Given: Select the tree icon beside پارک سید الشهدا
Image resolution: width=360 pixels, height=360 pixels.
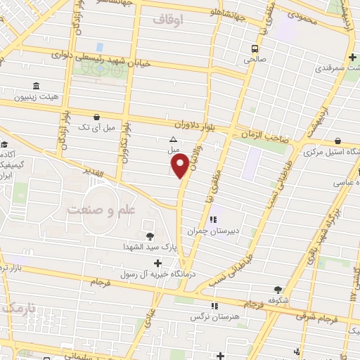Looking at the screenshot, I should (149, 236).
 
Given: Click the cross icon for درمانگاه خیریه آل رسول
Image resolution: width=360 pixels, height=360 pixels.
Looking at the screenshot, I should (157, 263).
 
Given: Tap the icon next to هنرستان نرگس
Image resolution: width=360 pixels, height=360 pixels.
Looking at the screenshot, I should (214, 306).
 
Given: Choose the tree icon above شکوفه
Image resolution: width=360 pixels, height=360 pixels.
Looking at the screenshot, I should (279, 289).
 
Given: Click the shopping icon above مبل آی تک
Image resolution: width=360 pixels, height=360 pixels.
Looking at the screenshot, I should (96, 117).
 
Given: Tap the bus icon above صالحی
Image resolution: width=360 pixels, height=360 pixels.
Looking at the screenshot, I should (255, 49).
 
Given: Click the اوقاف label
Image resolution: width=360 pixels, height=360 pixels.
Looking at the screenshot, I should (167, 20).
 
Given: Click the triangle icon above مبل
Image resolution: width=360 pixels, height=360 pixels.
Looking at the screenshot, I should (174, 139).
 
